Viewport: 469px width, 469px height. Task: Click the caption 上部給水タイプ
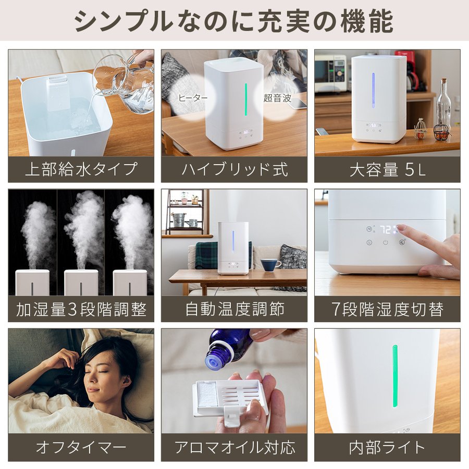click(x=81, y=169)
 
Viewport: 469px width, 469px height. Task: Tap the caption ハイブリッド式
click(x=234, y=169)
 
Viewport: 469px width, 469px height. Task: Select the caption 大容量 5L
click(x=387, y=169)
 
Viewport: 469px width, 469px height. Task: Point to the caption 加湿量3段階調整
click(x=81, y=309)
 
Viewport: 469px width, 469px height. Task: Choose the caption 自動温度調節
click(x=234, y=309)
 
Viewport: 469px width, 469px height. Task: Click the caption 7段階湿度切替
click(x=387, y=309)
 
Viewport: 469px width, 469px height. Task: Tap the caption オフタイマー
click(x=81, y=448)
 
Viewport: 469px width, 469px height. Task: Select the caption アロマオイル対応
click(x=234, y=448)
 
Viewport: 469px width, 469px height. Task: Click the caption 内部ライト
click(x=387, y=448)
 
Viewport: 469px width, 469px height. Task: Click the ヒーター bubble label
click(x=193, y=98)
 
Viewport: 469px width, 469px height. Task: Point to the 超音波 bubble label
click(x=277, y=98)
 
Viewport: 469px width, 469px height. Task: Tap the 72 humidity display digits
click(x=385, y=230)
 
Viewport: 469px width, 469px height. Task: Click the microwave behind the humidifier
click(x=330, y=73)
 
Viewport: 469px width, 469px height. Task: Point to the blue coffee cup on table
click(x=270, y=264)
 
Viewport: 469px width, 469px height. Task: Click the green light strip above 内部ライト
click(x=395, y=376)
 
